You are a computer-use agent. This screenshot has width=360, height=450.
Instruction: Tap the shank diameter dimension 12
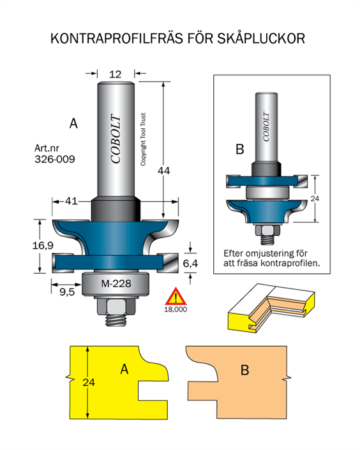(115, 74)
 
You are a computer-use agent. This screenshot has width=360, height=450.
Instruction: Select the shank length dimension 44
(163, 171)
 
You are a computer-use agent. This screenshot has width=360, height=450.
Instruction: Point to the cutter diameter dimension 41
(71, 201)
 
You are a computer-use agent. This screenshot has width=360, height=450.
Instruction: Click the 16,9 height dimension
(43, 245)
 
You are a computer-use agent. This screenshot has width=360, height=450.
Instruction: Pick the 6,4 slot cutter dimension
(190, 263)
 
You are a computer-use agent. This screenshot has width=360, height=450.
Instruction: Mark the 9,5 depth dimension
(67, 292)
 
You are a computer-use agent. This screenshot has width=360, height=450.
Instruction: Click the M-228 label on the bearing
(116, 283)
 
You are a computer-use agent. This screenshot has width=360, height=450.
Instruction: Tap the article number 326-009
(55, 159)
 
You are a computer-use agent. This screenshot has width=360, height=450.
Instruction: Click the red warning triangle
(176, 296)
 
